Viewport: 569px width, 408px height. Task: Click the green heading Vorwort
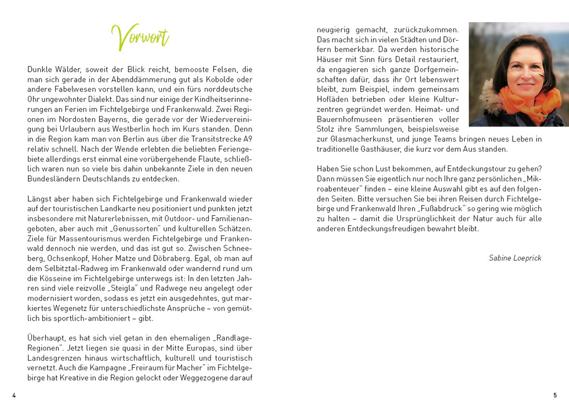coord(140,37)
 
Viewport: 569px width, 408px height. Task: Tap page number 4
coord(14,395)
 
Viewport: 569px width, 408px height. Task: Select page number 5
coord(554,395)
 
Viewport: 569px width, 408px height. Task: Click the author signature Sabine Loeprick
coord(515,258)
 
